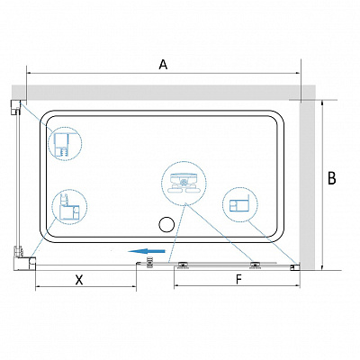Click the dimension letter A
click(x=163, y=65)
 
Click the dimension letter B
click(x=331, y=178)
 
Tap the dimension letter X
click(x=79, y=280)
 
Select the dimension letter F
click(x=238, y=280)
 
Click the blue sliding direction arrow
click(x=146, y=251)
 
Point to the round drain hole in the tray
click(x=166, y=225)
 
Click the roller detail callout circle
click(x=184, y=183)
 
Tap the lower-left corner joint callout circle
click(x=69, y=207)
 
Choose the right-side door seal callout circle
click(x=240, y=205)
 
